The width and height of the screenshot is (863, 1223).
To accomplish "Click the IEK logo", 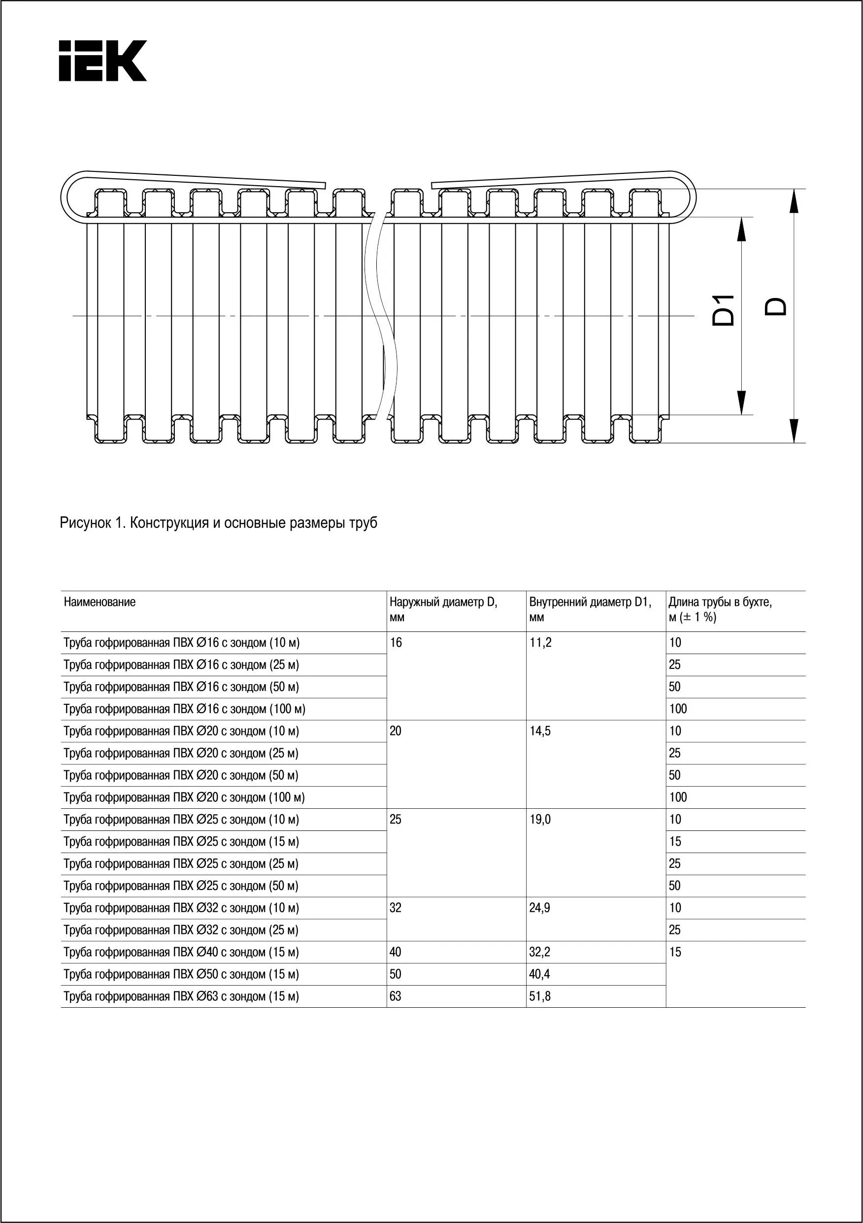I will tap(102, 61).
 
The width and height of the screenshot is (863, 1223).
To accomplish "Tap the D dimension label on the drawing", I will tap(776, 306).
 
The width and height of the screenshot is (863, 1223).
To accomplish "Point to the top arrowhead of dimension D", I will tap(793, 201).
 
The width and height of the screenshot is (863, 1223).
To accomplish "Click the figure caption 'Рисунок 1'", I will tap(218, 523).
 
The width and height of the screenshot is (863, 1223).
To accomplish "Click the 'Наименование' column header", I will tap(100, 602).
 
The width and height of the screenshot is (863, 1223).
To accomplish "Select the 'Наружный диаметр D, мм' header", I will tap(443, 609).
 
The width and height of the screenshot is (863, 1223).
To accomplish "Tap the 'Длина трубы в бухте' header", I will tap(720, 609).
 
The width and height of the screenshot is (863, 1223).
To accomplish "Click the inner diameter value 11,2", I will tap(540, 643).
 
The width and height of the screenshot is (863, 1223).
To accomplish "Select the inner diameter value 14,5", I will tap(540, 731).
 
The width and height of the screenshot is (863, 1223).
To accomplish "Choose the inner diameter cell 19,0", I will tap(540, 820).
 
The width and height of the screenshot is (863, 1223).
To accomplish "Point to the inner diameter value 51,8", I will tap(540, 996).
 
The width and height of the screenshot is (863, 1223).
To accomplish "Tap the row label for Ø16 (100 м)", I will tap(184, 709).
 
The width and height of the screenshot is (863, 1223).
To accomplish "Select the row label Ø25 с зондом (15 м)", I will tap(181, 842).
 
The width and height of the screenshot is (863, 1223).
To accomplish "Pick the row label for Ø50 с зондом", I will tap(181, 975).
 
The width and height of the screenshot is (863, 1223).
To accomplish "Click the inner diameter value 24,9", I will tap(540, 908).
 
